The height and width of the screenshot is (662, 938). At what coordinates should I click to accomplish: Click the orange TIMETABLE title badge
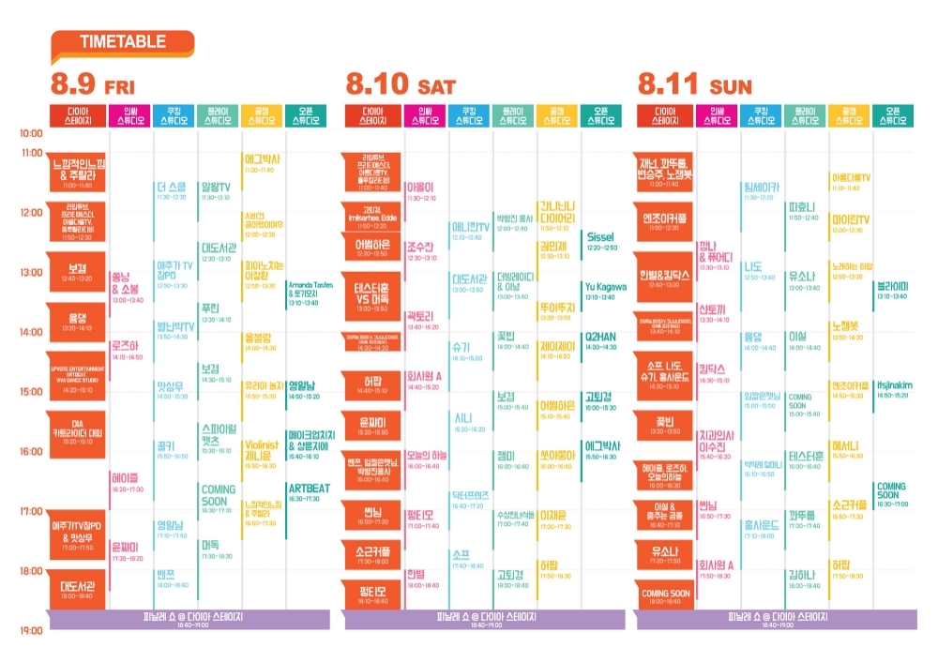point(122,42)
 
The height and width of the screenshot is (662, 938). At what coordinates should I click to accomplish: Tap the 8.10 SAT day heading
point(401,85)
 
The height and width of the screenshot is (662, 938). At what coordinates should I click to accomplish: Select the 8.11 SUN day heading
point(694,85)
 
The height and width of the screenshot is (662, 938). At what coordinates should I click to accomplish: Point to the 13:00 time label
point(31,273)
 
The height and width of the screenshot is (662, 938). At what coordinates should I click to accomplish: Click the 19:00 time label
point(31,630)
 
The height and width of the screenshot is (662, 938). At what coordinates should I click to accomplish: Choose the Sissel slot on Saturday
point(600,241)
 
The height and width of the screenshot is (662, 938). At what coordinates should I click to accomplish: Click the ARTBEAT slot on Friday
point(309,491)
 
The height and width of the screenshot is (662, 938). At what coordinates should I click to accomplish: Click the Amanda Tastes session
point(310,293)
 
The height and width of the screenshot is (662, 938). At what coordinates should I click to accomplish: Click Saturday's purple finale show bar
point(484,619)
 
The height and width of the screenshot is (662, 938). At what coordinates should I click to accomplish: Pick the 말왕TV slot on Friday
point(217,189)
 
